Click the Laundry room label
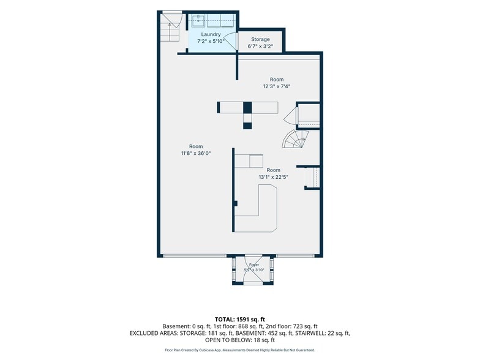click(211, 34)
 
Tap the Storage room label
click(260, 39)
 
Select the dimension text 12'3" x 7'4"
click(277, 86)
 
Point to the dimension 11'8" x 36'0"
click(196, 153)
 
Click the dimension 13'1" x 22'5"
click(273, 177)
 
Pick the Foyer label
click(253, 264)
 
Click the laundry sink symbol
click(199, 20)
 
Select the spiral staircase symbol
click(295, 139)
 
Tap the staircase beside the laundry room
click(170, 28)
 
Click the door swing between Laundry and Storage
click(231, 42)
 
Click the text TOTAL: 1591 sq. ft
click(240, 320)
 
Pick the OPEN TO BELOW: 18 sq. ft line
click(240, 340)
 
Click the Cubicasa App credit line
click(240, 350)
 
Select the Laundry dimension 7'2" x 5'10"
click(211, 41)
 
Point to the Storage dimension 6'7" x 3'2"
click(260, 47)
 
